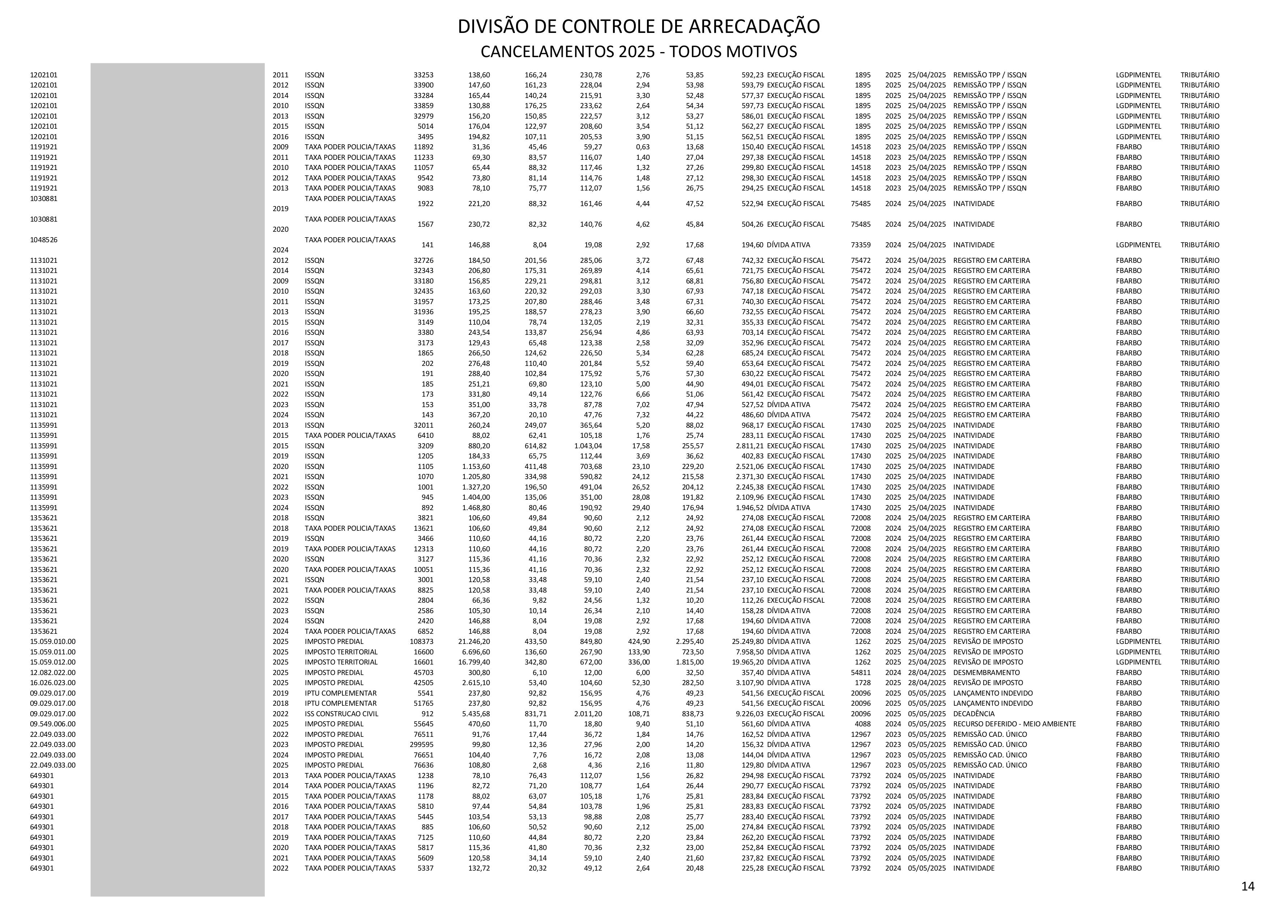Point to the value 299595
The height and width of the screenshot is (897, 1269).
[x=421, y=744]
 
